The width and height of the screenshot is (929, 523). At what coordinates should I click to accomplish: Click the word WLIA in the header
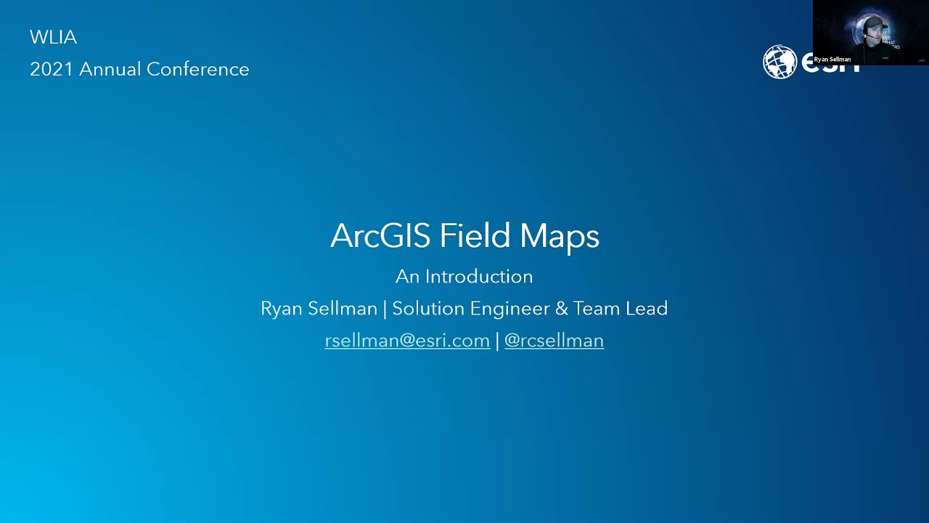coord(53,37)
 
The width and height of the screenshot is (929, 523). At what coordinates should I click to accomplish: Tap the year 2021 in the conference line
coord(52,69)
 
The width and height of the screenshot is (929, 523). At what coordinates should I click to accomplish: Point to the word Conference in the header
coord(197,69)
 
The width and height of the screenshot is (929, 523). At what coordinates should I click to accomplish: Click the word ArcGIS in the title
coord(381,236)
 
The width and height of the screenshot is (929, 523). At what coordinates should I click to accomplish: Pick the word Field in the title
coord(475,236)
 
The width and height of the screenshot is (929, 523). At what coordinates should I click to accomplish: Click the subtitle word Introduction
coord(479,277)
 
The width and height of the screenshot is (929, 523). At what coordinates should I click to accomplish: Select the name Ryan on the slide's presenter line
coord(282,309)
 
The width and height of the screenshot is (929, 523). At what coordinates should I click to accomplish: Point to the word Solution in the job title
coord(428,309)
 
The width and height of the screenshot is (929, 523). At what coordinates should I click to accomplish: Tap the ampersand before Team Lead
coord(561,309)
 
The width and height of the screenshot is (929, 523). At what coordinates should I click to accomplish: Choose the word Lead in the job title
coord(647,309)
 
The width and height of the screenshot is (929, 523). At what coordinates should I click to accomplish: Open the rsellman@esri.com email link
coord(407,341)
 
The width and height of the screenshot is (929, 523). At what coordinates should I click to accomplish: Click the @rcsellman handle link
coord(554,341)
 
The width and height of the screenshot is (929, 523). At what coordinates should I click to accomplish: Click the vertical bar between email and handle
coord(497,341)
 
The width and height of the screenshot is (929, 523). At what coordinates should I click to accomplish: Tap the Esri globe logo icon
coord(779,62)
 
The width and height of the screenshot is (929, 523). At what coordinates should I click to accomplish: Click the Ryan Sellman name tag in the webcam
coord(832,60)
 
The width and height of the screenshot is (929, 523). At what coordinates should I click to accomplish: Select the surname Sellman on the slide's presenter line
coord(343,309)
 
